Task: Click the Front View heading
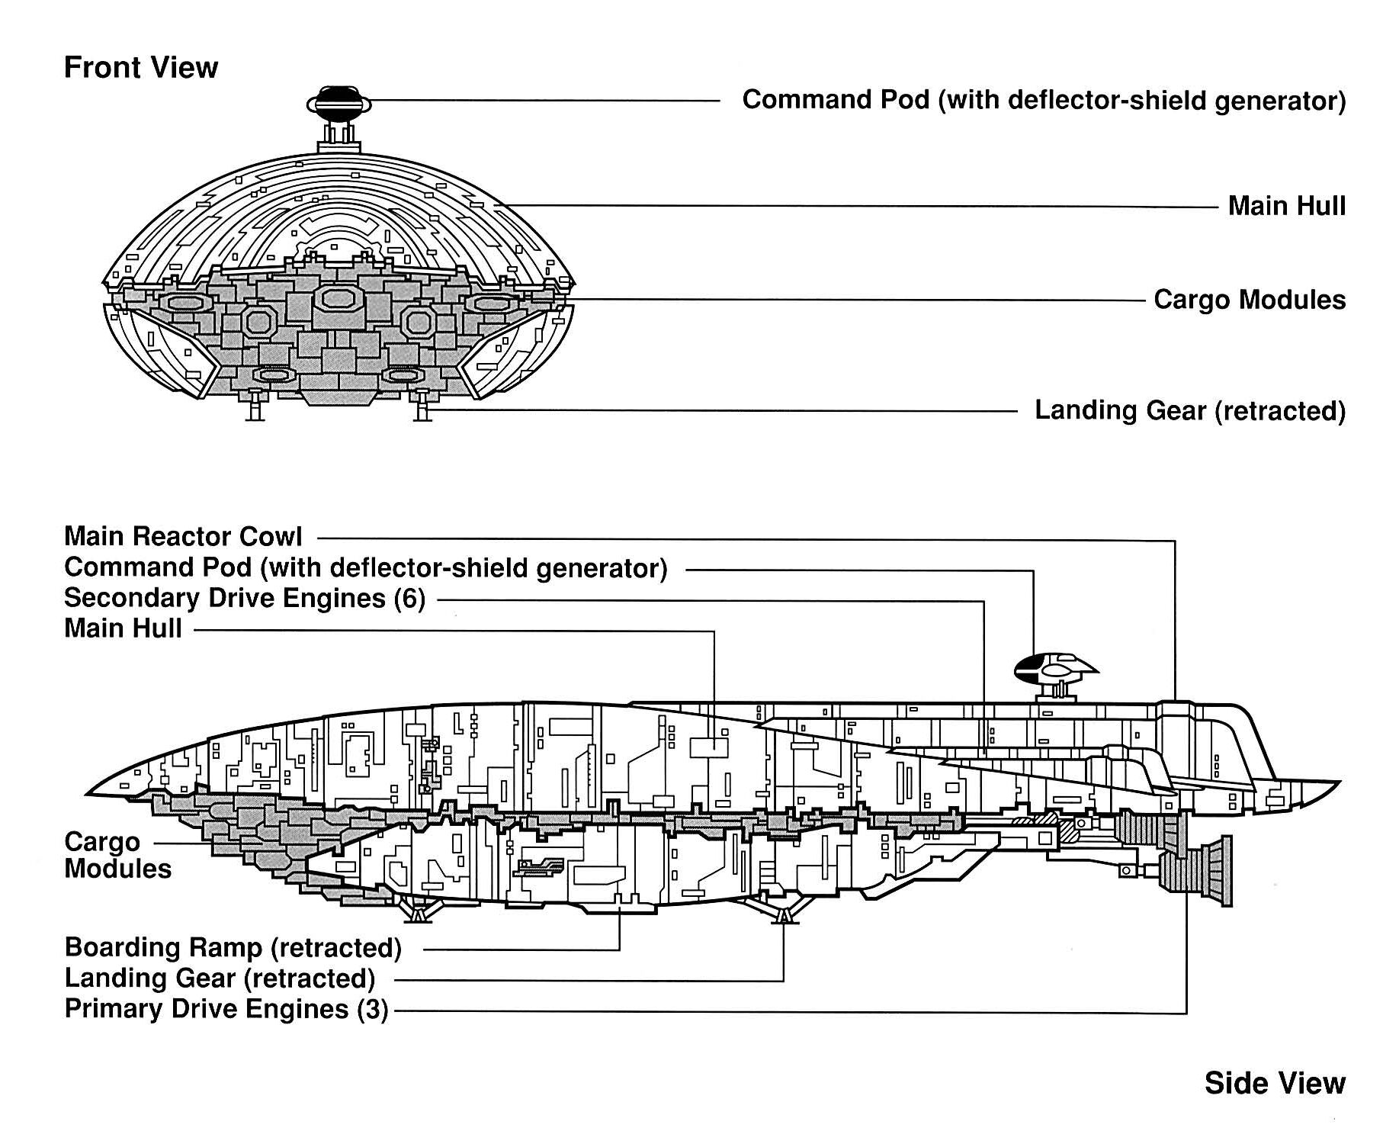click(x=141, y=68)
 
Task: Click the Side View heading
click(x=1275, y=1083)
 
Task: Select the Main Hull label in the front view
click(x=1286, y=206)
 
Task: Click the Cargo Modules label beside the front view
click(x=1250, y=300)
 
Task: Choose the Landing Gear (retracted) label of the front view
click(x=1190, y=410)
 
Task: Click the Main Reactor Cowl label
click(x=183, y=536)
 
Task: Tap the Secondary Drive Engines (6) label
click(x=245, y=598)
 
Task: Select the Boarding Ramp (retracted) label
click(x=233, y=947)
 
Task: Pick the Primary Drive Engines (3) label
click(x=226, y=1009)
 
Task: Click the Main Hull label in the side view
click(x=123, y=628)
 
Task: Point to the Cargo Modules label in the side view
click(x=117, y=855)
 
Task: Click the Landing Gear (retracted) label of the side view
click(x=220, y=978)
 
